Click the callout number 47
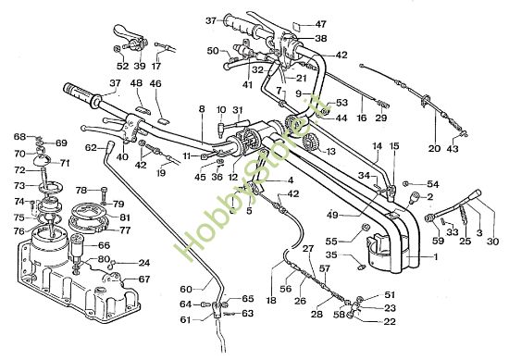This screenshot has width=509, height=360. pyautogui.click(x=321, y=24)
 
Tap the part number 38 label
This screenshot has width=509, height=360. pyautogui.click(x=321, y=39)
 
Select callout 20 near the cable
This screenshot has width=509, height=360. pyautogui.click(x=434, y=147)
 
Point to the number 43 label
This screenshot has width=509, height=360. pyautogui.click(x=453, y=147)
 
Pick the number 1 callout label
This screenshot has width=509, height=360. pyautogui.click(x=422, y=260)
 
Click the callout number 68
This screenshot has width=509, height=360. pyautogui.click(x=19, y=137)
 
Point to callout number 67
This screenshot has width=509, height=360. pyautogui.click(x=144, y=279)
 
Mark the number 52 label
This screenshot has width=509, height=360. pyautogui.click(x=122, y=66)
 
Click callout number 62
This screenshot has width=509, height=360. pyautogui.click(x=90, y=147)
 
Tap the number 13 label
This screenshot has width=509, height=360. pyautogui.click(x=330, y=151)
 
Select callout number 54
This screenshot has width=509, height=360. pyautogui.click(x=433, y=183)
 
